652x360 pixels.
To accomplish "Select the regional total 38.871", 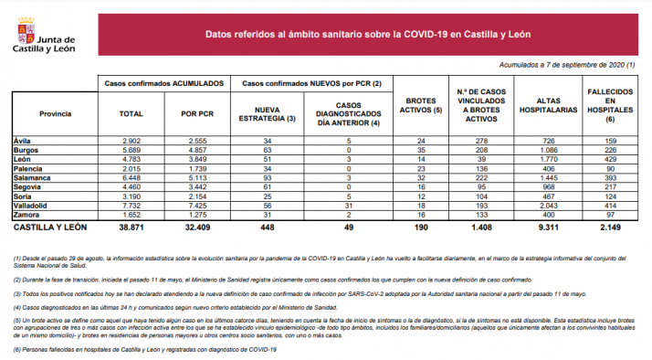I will tap(131, 226).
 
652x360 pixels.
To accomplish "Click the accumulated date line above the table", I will tap(566, 65).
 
